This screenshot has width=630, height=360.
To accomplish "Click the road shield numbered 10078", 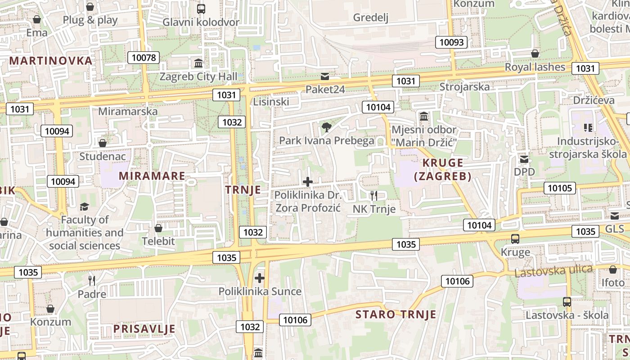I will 144,58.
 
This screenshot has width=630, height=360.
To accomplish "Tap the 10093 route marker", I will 451,42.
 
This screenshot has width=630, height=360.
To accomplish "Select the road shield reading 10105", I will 560,188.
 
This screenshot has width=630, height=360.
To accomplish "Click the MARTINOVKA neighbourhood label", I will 51,60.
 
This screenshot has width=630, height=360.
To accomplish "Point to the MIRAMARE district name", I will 152,175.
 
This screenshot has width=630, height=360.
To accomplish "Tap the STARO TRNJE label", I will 396,314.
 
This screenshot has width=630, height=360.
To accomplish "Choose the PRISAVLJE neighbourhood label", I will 144,328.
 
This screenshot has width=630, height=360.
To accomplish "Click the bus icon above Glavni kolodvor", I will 201,9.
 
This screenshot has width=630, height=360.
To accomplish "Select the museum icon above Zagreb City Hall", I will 198,63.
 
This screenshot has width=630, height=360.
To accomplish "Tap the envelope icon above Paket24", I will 325,76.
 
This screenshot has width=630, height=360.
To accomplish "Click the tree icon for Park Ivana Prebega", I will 327,127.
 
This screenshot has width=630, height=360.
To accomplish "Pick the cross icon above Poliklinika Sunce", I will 260,278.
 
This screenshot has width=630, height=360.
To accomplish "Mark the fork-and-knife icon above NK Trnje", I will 373,195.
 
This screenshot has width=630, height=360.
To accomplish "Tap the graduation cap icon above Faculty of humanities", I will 85,207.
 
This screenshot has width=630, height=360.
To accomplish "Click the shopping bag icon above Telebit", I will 158,228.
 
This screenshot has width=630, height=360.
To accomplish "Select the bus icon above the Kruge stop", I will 515,239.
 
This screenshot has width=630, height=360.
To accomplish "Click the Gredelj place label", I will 371,18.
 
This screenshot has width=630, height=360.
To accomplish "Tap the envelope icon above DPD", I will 524,159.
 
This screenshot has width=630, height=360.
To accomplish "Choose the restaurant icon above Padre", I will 92,281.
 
